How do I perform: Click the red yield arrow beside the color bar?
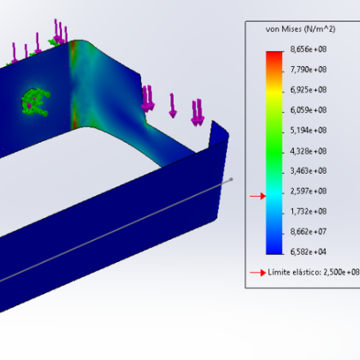(x=256, y=196)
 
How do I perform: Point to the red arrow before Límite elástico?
(x=256, y=272)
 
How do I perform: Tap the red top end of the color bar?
(x=274, y=54)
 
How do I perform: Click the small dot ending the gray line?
(x=232, y=179)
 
